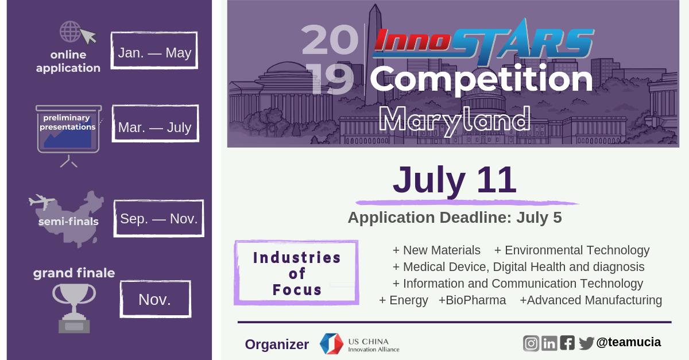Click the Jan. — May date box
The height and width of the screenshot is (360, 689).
[x=154, y=53]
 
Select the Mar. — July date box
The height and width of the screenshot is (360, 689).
[x=154, y=126]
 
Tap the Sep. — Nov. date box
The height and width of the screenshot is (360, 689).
[x=158, y=218]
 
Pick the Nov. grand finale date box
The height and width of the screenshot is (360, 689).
[x=155, y=299]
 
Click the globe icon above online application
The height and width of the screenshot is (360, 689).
[x=71, y=32]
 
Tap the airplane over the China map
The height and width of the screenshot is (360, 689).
[x=41, y=202]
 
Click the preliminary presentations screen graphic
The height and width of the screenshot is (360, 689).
[x=68, y=131]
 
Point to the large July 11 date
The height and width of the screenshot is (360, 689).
[x=454, y=180]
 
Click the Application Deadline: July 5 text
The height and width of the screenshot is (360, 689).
[x=454, y=218]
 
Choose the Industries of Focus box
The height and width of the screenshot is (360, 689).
[x=297, y=273]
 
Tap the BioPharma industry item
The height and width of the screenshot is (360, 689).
[x=472, y=300]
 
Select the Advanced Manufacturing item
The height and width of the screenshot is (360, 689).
[x=590, y=300]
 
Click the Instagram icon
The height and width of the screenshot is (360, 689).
[x=531, y=343]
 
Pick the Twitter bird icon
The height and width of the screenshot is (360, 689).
[x=586, y=343]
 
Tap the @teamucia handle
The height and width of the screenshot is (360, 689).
[x=628, y=342]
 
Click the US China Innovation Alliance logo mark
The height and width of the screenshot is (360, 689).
[x=331, y=343]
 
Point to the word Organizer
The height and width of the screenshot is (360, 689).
[x=277, y=344]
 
